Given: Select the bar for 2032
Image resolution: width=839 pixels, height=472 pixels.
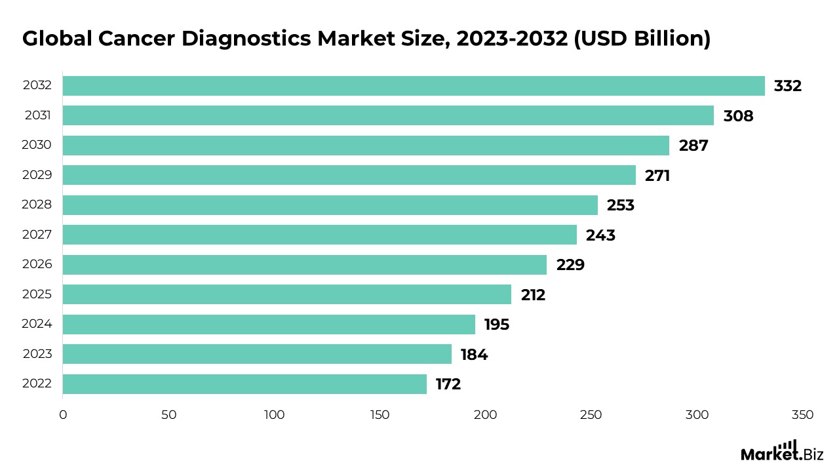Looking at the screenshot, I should click(x=414, y=86).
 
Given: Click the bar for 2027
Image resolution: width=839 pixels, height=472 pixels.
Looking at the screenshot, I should click(x=320, y=235).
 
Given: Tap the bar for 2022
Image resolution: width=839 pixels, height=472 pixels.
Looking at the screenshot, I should click(x=244, y=384).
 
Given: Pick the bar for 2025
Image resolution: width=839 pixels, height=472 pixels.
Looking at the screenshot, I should click(x=287, y=294).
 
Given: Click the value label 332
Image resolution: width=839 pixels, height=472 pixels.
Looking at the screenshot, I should click(x=787, y=86).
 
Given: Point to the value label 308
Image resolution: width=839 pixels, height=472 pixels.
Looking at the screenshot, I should click(x=738, y=116).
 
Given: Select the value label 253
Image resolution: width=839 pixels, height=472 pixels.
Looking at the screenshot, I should click(x=620, y=205).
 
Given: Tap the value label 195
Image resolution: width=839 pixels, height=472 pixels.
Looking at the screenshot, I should click(x=497, y=324).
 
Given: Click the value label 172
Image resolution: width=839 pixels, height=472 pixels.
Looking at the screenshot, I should click(x=448, y=384).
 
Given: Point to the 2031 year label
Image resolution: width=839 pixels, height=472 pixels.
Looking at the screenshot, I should click(x=38, y=115).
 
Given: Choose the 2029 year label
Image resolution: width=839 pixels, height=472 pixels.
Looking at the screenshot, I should click(x=37, y=175).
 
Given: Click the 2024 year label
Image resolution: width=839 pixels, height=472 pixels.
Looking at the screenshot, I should click(x=37, y=324).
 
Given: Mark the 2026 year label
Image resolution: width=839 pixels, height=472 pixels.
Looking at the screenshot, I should click(x=37, y=264).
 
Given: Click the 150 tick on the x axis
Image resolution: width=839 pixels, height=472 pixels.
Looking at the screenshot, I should click(x=380, y=415).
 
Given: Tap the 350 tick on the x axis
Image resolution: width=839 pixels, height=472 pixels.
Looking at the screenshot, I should click(x=802, y=415).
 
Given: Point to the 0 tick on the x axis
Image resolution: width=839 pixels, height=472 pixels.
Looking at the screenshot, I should click(x=63, y=415).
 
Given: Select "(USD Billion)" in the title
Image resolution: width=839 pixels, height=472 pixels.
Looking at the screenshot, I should click(x=642, y=39).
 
